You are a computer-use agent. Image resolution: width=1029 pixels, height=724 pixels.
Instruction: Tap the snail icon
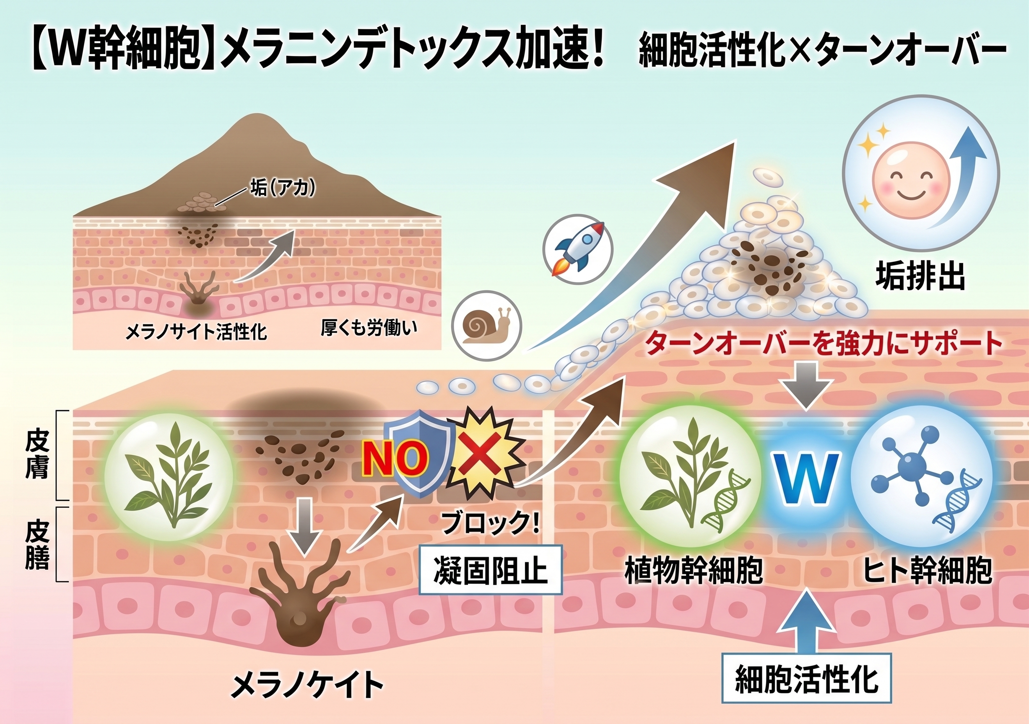click(487, 325)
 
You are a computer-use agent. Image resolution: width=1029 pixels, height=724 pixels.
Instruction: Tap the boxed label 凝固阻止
click(491, 570)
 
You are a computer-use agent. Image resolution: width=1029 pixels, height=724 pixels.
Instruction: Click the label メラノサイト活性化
click(196, 332)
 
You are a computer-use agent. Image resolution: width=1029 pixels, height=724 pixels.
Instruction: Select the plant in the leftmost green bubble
click(169, 474)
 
